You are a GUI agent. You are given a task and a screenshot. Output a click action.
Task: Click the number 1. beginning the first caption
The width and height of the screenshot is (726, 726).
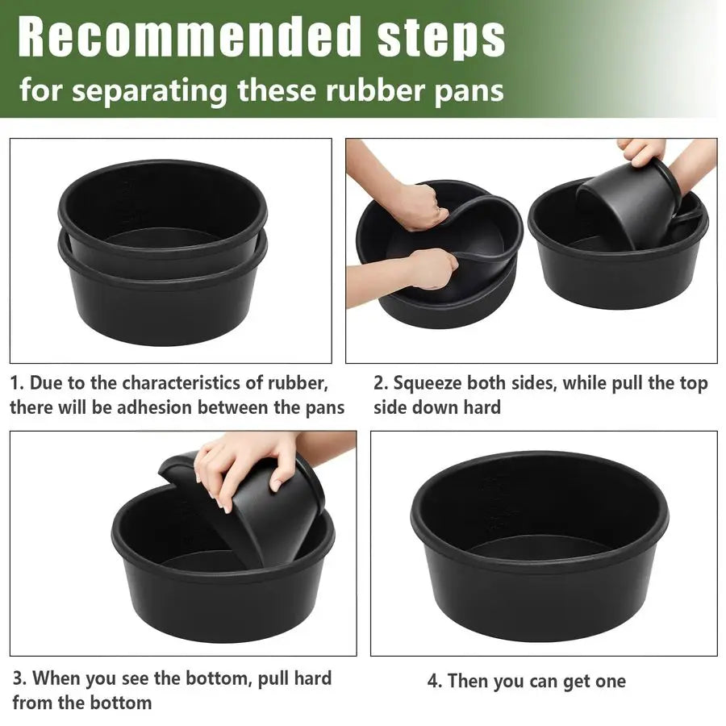[x=17, y=382]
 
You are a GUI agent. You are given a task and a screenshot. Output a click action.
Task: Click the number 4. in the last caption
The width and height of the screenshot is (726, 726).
[x=435, y=681]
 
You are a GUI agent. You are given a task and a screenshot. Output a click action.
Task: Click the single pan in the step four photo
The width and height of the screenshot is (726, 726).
[x=539, y=549]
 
